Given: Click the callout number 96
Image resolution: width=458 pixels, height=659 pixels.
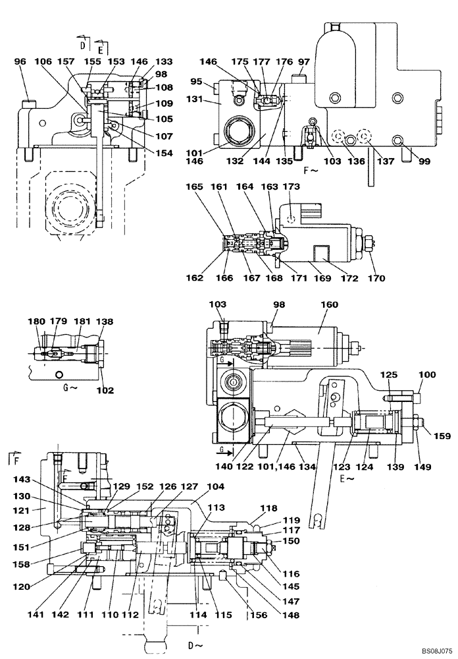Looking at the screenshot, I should point(20,62).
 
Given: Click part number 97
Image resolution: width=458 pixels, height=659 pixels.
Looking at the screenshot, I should point(303,61).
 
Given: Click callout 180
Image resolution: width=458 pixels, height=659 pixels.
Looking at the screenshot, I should point(37,322).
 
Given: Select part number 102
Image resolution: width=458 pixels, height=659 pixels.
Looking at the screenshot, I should point(105,390).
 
